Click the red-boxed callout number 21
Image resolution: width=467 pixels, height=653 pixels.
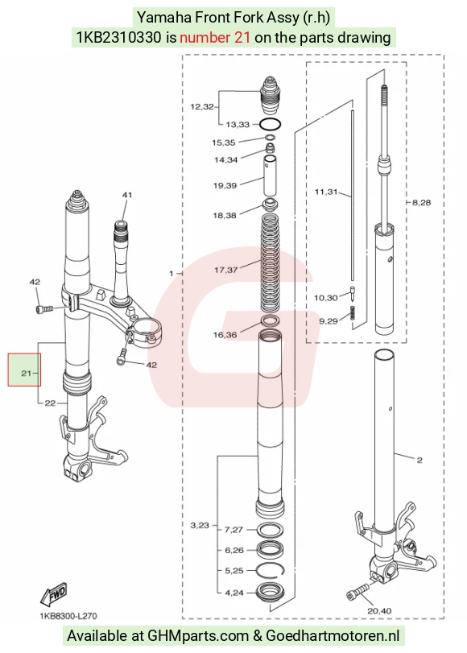click(x=26, y=373)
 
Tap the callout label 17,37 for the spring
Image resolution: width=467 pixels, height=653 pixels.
click(x=225, y=271)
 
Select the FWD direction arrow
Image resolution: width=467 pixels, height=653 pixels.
click(x=54, y=595)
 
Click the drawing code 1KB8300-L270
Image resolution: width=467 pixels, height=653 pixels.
click(x=68, y=615)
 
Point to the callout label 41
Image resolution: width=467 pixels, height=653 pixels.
click(x=127, y=195)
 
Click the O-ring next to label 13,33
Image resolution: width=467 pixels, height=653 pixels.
click(x=270, y=124)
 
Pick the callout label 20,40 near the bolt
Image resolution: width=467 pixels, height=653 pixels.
click(x=379, y=611)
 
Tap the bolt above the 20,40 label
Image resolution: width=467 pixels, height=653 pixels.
click(x=358, y=591)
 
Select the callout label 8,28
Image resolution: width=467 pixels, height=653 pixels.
click(x=421, y=202)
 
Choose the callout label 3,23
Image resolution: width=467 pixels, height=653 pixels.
click(x=200, y=526)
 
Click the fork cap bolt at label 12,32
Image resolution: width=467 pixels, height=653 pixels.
click(x=270, y=95)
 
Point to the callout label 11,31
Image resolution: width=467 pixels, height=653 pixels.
click(x=326, y=192)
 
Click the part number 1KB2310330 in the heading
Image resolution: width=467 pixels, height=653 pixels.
click(x=118, y=38)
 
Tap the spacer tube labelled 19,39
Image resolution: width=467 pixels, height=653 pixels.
click(x=270, y=175)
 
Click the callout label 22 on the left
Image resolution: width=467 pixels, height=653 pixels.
click(x=50, y=403)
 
